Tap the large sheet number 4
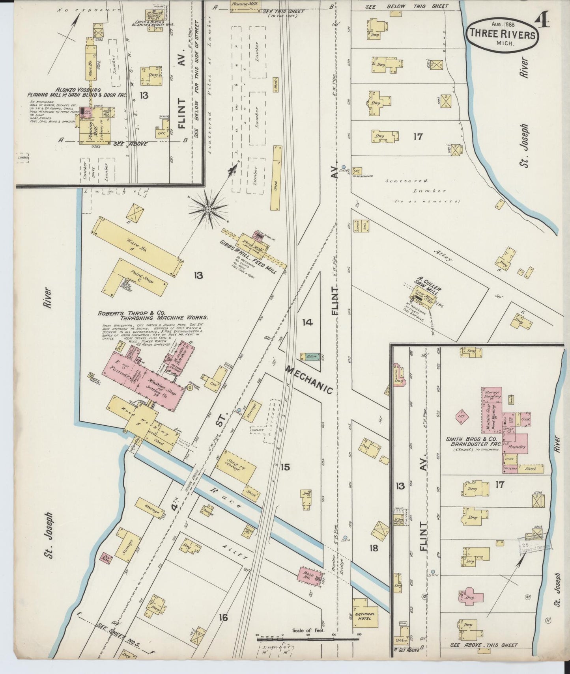(543, 20)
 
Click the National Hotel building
(365, 616)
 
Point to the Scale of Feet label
(308, 630)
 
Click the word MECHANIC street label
(310, 380)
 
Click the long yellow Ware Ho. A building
(136, 245)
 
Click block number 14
(307, 322)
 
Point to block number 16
(223, 617)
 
